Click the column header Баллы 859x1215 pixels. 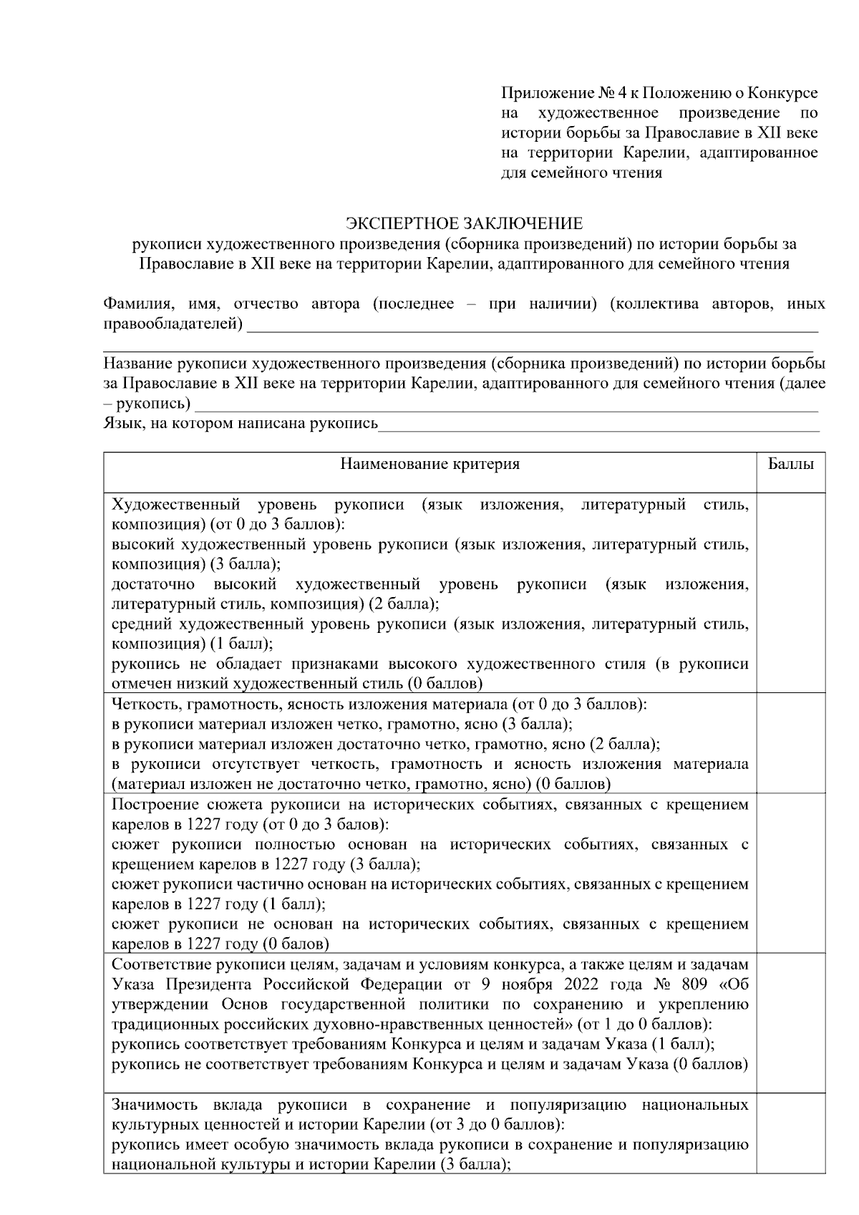pyautogui.click(x=790, y=464)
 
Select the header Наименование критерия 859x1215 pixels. pyautogui.click(x=429, y=464)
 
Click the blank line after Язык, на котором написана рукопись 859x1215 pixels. pyautogui.click(x=598, y=428)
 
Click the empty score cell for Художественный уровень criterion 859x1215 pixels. pyautogui.click(x=790, y=591)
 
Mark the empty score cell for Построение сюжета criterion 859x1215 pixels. pyautogui.click(x=790, y=873)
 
